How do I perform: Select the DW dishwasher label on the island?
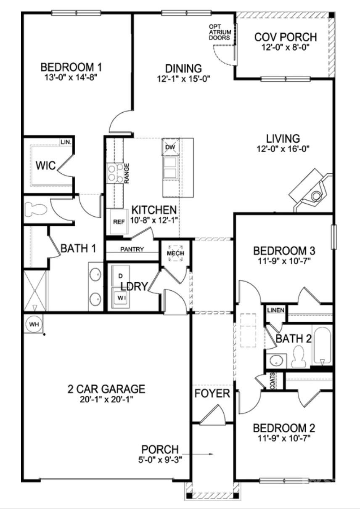point(170,147)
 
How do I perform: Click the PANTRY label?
point(132,249)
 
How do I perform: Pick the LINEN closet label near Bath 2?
point(276,310)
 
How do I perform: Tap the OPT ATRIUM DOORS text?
point(220,32)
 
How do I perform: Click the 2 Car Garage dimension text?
point(106,399)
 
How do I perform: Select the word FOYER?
point(212,394)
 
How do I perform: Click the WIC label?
point(45,166)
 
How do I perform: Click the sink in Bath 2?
point(276,360)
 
